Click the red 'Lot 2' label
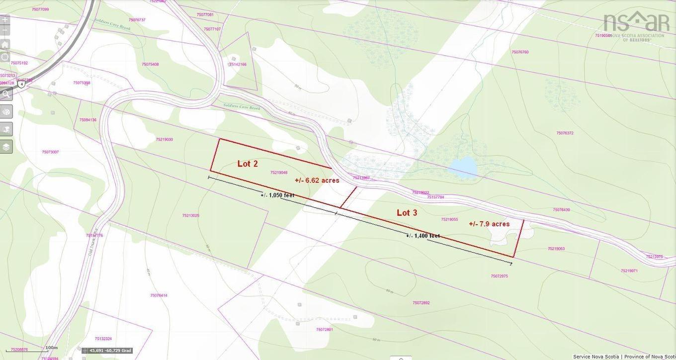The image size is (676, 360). tap(248, 164)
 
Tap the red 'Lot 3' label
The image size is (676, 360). tap(407, 213)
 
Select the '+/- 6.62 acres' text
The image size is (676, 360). tap(317, 180)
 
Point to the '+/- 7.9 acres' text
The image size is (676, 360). tap(489, 224)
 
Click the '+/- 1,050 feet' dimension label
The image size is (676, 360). tap(277, 195)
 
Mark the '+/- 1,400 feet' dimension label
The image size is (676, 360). tap(422, 236)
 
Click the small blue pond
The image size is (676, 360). tap(463, 167)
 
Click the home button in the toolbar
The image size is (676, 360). tap(5, 44)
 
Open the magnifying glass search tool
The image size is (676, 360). tap(6, 94)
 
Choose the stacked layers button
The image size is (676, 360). tap(6, 147)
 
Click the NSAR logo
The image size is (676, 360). tap(636, 25)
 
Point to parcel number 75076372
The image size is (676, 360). tap(565, 133)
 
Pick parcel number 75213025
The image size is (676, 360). tap(190, 216)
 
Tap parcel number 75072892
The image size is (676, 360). tap(421, 303)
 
